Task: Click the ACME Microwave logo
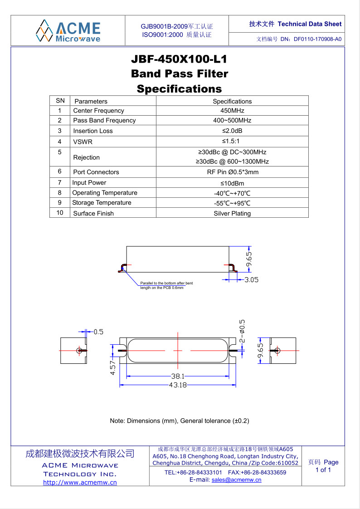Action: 68,30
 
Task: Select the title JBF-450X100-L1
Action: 179,59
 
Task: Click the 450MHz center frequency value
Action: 232,111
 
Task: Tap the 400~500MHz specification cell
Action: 232,121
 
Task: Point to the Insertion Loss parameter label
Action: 93,131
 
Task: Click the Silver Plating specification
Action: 232,213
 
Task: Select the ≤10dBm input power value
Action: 232,183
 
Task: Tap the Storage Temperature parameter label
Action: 102,203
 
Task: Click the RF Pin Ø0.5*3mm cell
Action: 232,172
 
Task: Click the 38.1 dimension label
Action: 177,376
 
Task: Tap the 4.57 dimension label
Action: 113,367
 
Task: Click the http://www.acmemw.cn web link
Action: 80,482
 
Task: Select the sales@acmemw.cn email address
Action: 236,480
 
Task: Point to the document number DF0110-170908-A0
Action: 317,39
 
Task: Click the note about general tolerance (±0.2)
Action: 180,421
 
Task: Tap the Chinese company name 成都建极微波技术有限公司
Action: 80,453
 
